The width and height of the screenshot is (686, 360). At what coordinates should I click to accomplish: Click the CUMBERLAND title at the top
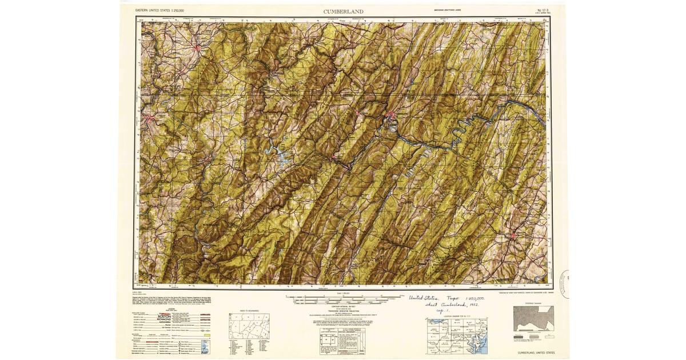[x=343, y=11]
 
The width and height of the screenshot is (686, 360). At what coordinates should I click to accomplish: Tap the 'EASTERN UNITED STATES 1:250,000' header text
[x=163, y=11]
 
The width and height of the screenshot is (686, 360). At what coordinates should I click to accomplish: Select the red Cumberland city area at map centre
[x=392, y=118]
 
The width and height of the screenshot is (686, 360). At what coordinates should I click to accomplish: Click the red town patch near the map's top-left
[x=198, y=48]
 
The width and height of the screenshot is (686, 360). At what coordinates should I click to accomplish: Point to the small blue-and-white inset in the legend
[x=206, y=348]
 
